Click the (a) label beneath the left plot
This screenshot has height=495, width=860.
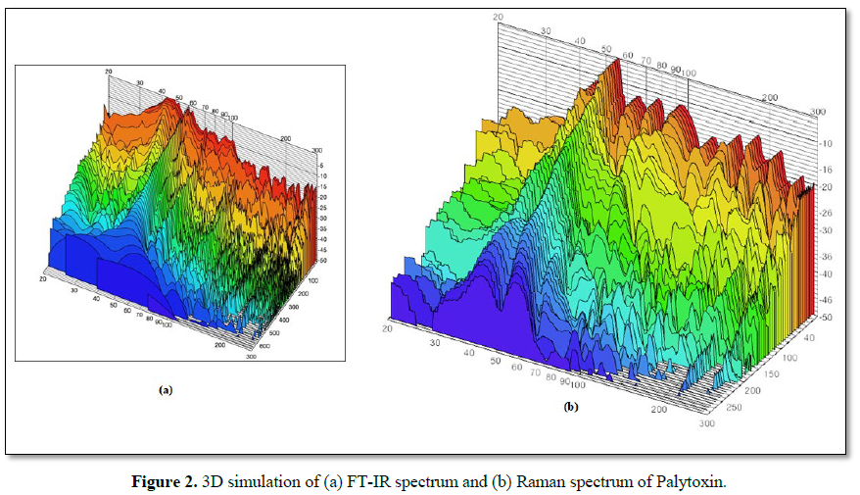pos(166,389)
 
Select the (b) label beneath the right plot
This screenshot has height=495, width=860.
pos(570,406)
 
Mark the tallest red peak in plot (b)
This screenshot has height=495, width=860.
pos(615,67)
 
